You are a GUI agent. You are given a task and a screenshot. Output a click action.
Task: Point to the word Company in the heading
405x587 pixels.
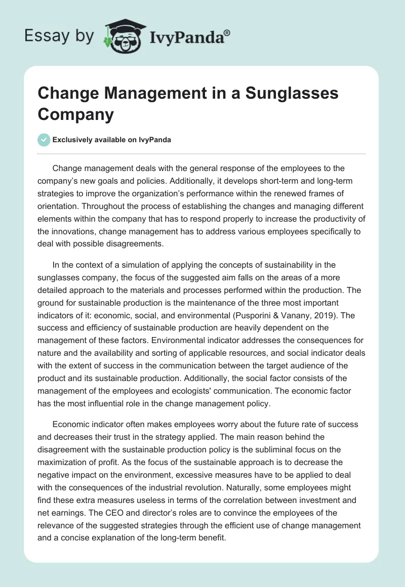click(76, 114)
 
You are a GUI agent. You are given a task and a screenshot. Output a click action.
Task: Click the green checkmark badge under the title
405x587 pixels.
click(44, 140)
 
